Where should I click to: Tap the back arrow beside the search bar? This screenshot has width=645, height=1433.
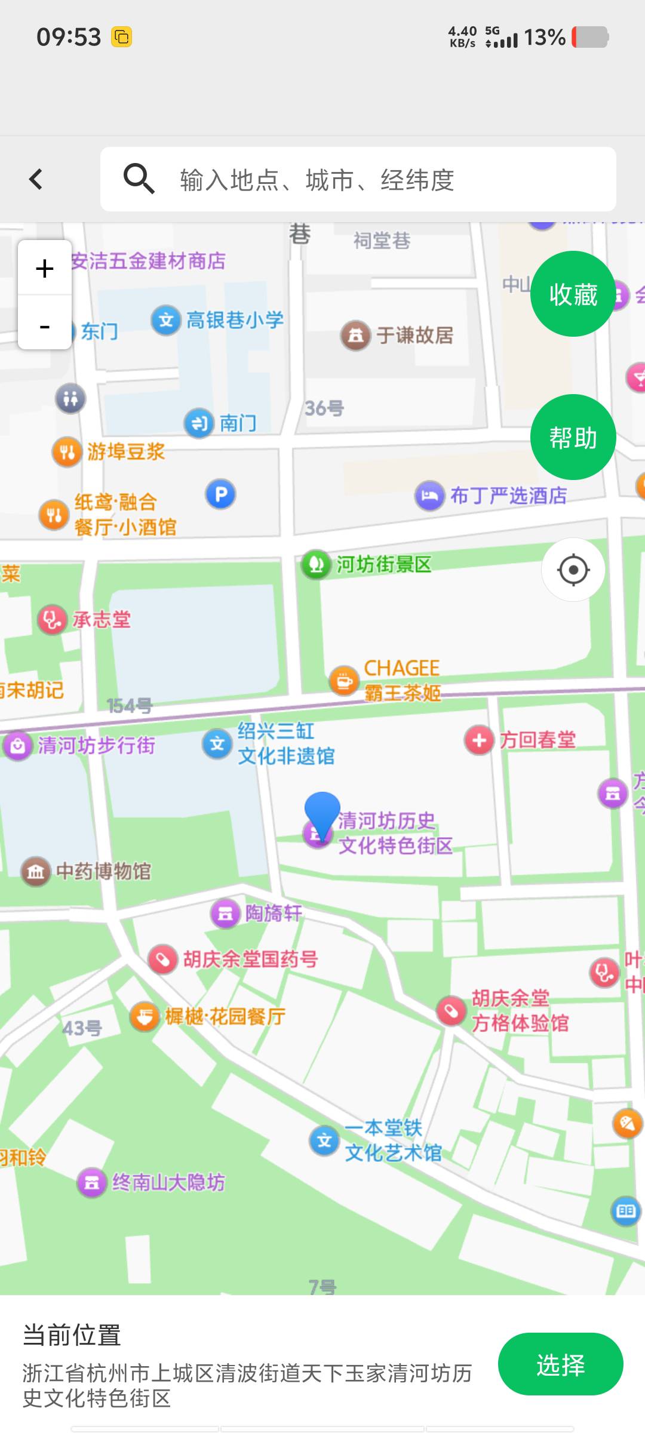pyautogui.click(x=36, y=179)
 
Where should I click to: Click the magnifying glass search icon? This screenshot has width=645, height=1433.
pyautogui.click(x=139, y=179)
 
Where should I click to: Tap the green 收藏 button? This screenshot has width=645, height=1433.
pyautogui.click(x=573, y=294)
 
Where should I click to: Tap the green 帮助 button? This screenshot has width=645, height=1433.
pyautogui.click(x=573, y=438)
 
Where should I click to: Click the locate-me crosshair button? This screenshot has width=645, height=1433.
pyautogui.click(x=573, y=570)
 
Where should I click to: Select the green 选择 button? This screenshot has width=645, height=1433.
pyautogui.click(x=560, y=1364)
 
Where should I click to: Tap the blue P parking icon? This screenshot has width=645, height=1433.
pyautogui.click(x=221, y=494)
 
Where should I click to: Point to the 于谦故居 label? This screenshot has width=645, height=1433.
pyautogui.click(x=414, y=336)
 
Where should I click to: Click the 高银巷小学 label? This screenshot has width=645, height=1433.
pyautogui.click(x=235, y=320)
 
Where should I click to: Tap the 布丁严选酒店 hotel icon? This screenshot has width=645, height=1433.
pyautogui.click(x=429, y=496)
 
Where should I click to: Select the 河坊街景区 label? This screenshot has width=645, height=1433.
pyautogui.click(x=383, y=564)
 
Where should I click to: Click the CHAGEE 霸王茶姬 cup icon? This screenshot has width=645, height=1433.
pyautogui.click(x=344, y=680)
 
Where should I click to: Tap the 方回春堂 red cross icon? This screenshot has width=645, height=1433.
pyautogui.click(x=479, y=740)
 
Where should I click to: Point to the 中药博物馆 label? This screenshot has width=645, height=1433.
pyautogui.click(x=103, y=871)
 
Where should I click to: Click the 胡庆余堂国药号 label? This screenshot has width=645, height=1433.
pyautogui.click(x=250, y=960)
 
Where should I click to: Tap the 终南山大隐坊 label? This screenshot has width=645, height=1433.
pyautogui.click(x=168, y=1182)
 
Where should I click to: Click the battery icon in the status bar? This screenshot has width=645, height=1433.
pyautogui.click(x=590, y=37)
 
